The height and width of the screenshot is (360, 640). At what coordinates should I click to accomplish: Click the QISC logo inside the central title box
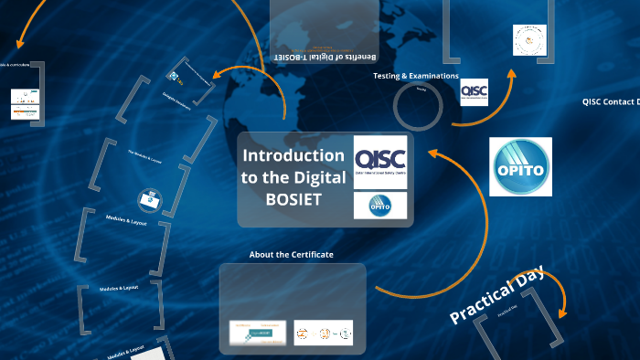pyautogui.click(x=379, y=162)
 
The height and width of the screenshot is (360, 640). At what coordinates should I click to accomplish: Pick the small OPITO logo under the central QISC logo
pyautogui.click(x=379, y=206)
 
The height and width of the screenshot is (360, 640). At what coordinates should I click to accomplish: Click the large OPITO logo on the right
pyautogui.click(x=520, y=167)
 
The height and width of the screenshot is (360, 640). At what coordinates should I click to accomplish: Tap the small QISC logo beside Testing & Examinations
pyautogui.click(x=474, y=91)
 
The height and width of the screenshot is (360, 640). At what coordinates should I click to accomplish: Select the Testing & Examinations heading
pyautogui.click(x=416, y=76)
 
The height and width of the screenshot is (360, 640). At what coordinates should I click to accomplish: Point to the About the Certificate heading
pyautogui.click(x=291, y=254)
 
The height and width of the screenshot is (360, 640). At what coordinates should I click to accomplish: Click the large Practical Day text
pyautogui.click(x=496, y=295)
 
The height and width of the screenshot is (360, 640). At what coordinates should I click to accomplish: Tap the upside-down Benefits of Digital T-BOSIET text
pyautogui.click(x=325, y=58)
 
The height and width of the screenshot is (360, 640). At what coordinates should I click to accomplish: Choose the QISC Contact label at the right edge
pyautogui.click(x=610, y=102)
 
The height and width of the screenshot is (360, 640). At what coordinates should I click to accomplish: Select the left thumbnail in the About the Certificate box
pyautogui.click(x=252, y=333)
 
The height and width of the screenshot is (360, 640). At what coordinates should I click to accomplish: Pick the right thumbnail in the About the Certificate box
pyautogui.click(x=323, y=333)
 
